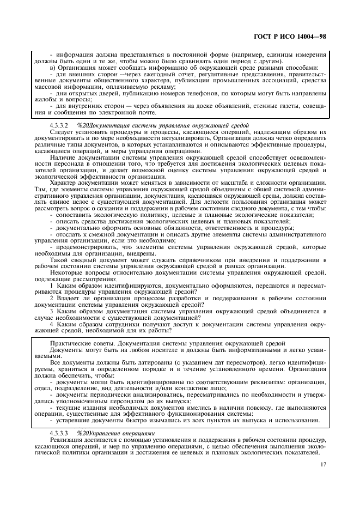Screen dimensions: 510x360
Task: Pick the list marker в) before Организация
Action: point(52,68)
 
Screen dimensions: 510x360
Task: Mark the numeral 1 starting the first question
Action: point(51,285)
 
